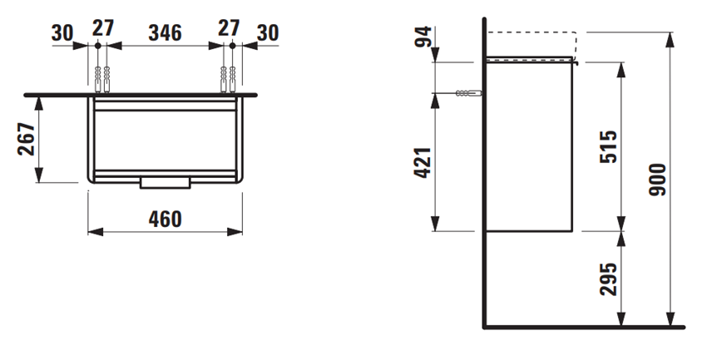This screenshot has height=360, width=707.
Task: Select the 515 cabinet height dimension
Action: click(x=606, y=145)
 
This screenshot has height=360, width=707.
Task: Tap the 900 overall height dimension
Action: click(x=656, y=179)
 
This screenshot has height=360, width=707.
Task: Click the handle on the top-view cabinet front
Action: click(x=166, y=182)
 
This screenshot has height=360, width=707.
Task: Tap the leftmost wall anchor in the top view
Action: click(x=99, y=80)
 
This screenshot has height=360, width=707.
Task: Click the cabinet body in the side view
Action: click(x=528, y=145)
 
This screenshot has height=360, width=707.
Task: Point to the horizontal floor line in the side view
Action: click(x=582, y=327)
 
